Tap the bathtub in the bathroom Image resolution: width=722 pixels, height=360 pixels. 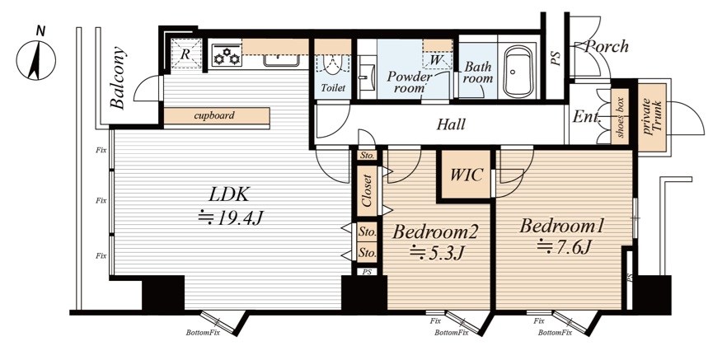click(520, 72)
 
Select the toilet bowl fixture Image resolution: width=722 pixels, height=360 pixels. click(332, 65)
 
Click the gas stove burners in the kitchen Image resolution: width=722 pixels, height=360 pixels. click(227, 55)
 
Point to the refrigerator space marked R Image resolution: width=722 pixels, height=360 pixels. click(186, 54)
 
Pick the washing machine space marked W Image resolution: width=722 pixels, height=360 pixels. click(437, 60)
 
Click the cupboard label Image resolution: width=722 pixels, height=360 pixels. click(213, 115)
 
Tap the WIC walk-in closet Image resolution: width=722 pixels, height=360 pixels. click(466, 175)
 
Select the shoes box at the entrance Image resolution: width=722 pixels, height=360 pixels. click(621, 117)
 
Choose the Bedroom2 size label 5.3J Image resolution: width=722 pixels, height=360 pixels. click(437, 252)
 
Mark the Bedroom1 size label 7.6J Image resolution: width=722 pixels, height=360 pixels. click(564, 248)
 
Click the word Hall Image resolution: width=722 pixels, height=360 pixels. click(451, 124)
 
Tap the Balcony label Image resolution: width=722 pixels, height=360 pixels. click(119, 77)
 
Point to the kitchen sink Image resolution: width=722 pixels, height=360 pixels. click(282, 61)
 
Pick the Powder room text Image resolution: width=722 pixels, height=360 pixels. click(410, 82)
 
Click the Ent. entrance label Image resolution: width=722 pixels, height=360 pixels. click(587, 117)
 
